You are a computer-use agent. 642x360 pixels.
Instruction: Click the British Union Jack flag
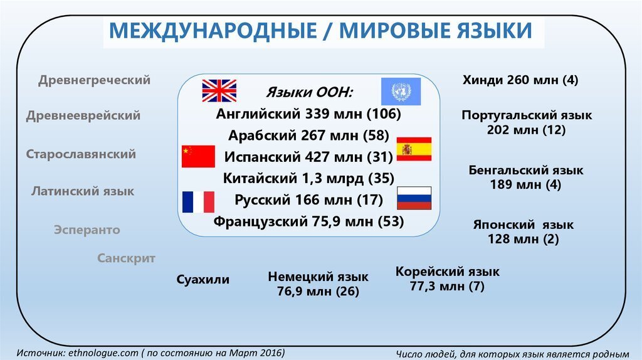(x=219, y=90)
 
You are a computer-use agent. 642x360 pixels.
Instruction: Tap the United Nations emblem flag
(x=401, y=92)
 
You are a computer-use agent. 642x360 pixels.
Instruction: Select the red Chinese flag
(x=198, y=156)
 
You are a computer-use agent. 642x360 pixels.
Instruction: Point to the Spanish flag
(x=414, y=149)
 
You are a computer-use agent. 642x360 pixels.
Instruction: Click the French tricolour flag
(x=198, y=202)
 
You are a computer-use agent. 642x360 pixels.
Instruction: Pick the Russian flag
(x=414, y=198)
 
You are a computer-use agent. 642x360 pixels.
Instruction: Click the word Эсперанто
(x=87, y=230)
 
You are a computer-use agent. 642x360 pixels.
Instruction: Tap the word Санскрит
(x=126, y=258)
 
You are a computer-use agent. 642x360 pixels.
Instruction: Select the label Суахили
(x=203, y=280)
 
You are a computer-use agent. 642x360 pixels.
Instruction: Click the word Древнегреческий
(x=94, y=80)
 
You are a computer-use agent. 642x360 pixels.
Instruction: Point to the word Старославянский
(x=81, y=154)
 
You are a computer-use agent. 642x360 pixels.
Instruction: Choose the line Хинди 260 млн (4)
(x=520, y=80)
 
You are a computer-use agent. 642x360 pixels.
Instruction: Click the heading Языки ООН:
(x=309, y=93)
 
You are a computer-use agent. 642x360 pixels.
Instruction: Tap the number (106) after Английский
(x=384, y=114)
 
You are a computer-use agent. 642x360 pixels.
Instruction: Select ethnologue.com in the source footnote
(x=103, y=352)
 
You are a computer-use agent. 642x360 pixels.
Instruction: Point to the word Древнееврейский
(x=83, y=115)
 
